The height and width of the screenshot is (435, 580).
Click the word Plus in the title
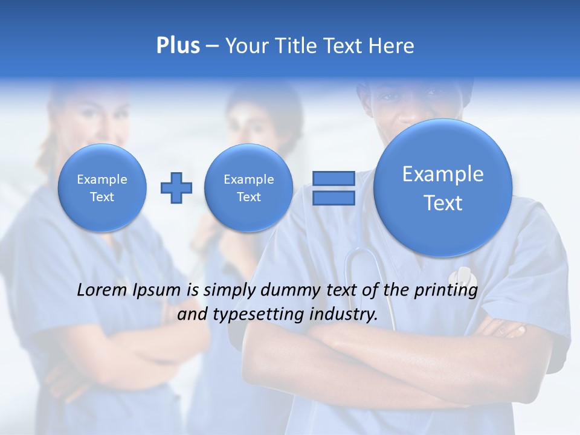click(x=178, y=45)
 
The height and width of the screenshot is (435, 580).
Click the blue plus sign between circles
click(x=176, y=188)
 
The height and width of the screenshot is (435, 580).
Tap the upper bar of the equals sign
click(x=333, y=178)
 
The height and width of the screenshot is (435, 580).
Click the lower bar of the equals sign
click(x=333, y=198)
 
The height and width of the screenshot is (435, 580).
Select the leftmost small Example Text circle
click(x=102, y=188)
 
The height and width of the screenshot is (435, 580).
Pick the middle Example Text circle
click(x=249, y=188)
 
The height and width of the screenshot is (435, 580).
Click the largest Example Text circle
click(x=443, y=188)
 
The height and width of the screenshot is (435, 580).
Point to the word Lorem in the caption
click(x=101, y=290)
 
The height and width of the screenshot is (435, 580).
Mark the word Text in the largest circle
click(x=443, y=203)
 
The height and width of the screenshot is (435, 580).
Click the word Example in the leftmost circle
click(x=102, y=179)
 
